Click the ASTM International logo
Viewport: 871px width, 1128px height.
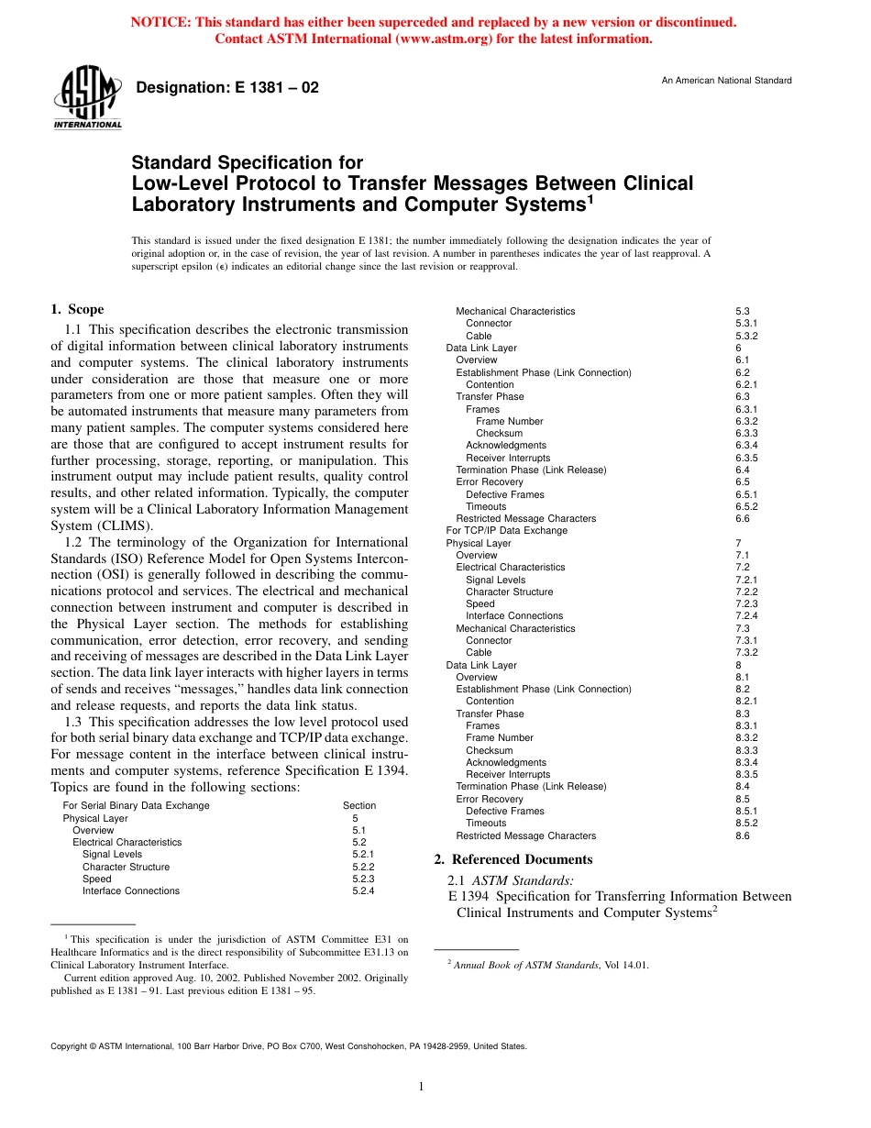(x=87, y=97)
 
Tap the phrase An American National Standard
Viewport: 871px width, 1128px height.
(x=726, y=81)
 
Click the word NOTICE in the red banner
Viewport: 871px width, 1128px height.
(x=160, y=22)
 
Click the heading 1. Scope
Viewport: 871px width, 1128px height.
(x=77, y=310)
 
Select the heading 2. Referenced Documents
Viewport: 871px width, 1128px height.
(x=513, y=859)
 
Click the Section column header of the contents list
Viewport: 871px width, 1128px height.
(x=359, y=805)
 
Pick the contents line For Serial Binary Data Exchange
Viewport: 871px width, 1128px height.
(x=136, y=805)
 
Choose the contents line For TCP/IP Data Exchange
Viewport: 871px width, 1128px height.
(x=507, y=530)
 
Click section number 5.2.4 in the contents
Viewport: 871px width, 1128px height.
(x=364, y=890)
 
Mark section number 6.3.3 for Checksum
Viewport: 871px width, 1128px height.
(x=746, y=433)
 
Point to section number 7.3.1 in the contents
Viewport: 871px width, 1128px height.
(x=746, y=640)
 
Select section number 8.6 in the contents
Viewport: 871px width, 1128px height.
(x=743, y=835)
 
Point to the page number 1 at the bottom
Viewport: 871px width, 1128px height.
(x=421, y=1087)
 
